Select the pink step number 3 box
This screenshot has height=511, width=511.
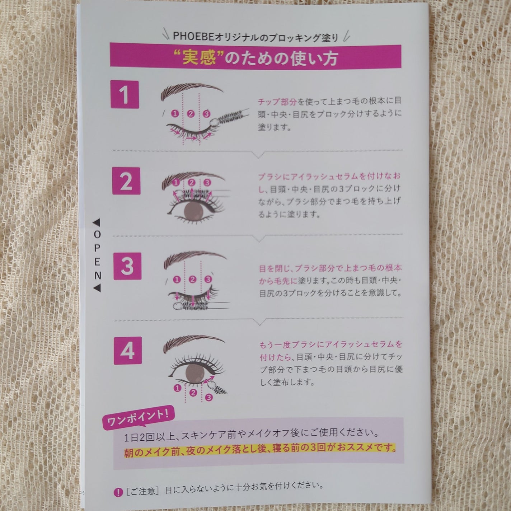pos(127,266)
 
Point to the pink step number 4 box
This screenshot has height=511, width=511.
pos(127,350)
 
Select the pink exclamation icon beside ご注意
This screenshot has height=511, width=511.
pos(118,492)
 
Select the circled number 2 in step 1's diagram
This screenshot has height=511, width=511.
pos(191,114)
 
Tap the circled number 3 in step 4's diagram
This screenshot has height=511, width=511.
pos(209,397)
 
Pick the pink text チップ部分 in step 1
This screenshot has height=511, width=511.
pos(277,102)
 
